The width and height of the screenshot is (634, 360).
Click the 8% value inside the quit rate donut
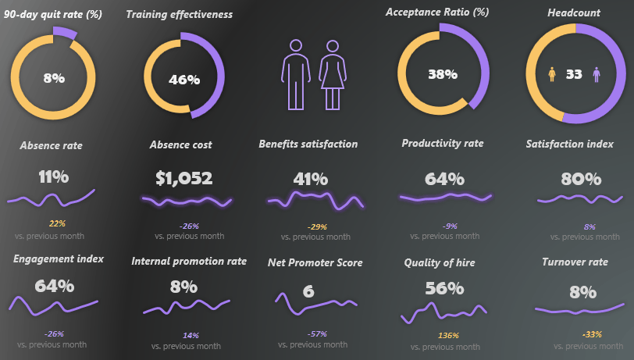click(54, 78)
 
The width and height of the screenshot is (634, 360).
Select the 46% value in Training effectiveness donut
click(184, 80)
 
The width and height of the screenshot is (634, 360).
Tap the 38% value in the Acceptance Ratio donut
click(442, 75)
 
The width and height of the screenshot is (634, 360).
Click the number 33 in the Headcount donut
click(574, 74)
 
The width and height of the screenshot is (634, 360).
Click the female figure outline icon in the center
click(333, 74)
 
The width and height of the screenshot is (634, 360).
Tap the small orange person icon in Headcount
click(553, 74)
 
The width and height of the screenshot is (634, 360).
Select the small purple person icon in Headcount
click(597, 74)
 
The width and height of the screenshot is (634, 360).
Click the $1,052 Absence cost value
click(184, 178)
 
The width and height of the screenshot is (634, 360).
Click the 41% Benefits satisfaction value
click(309, 178)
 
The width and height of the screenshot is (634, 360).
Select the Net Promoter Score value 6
click(308, 291)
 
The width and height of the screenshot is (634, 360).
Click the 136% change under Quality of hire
click(448, 337)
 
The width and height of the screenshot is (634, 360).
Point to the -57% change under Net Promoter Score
click(317, 333)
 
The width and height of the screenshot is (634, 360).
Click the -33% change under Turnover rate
click(592, 334)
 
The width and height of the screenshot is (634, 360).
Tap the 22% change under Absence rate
click(57, 224)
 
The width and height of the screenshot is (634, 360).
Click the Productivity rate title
click(443, 144)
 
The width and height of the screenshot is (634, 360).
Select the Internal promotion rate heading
click(189, 262)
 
